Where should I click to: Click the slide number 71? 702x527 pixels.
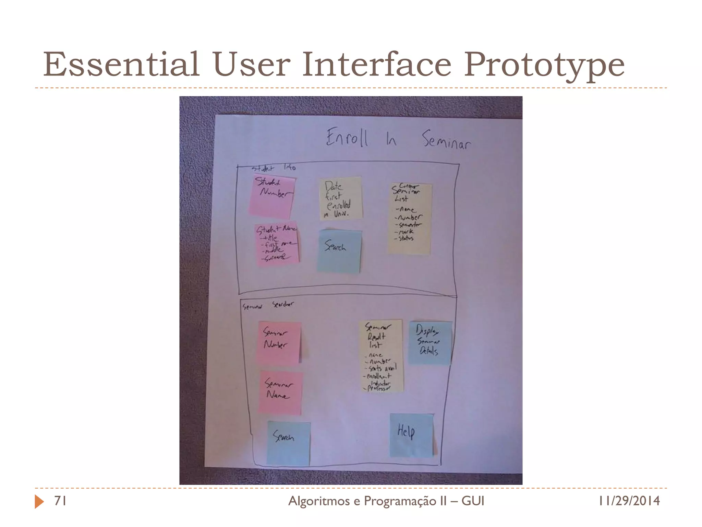(60, 501)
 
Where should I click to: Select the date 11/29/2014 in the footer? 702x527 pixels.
(629, 501)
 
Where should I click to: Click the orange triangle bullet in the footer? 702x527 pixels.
(39, 502)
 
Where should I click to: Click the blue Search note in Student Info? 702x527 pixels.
(339, 251)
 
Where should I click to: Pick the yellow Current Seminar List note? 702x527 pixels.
(409, 218)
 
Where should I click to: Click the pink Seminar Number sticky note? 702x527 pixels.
(279, 342)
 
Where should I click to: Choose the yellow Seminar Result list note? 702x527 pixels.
(380, 355)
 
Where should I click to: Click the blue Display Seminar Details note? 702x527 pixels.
(430, 342)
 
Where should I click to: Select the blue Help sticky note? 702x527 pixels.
(411, 435)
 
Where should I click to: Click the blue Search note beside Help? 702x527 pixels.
(289, 443)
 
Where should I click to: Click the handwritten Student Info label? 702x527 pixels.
(273, 168)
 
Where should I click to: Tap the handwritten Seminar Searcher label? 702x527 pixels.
(268, 305)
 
